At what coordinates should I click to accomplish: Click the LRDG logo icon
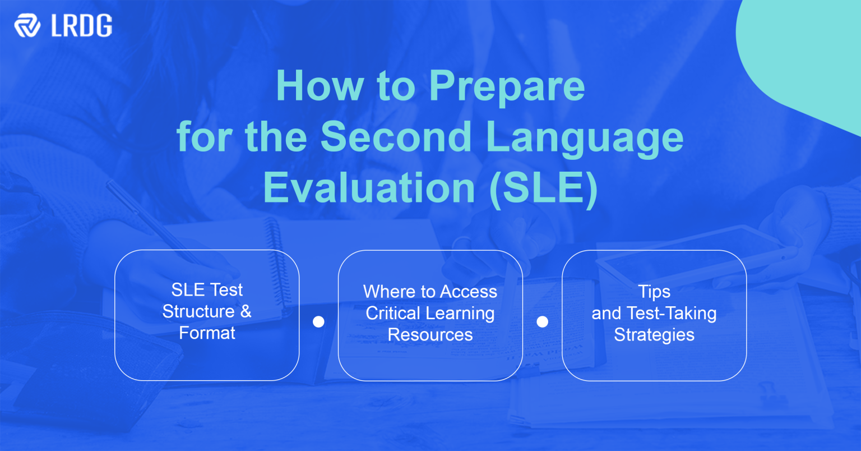(x=27, y=26)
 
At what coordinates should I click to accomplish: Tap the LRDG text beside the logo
(x=81, y=26)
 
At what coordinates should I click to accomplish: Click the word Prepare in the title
(x=507, y=86)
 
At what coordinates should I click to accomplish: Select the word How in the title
(x=320, y=86)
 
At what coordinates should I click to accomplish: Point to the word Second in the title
(x=396, y=137)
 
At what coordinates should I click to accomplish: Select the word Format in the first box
(x=207, y=333)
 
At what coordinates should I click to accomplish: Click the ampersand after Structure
(x=246, y=311)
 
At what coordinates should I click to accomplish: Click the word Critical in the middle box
(x=392, y=313)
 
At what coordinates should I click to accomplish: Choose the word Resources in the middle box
(x=430, y=335)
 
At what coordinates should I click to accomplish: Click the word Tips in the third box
(x=654, y=292)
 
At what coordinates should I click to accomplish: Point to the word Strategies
(x=654, y=335)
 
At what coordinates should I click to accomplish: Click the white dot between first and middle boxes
(x=318, y=321)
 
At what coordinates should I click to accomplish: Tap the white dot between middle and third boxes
(x=542, y=321)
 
